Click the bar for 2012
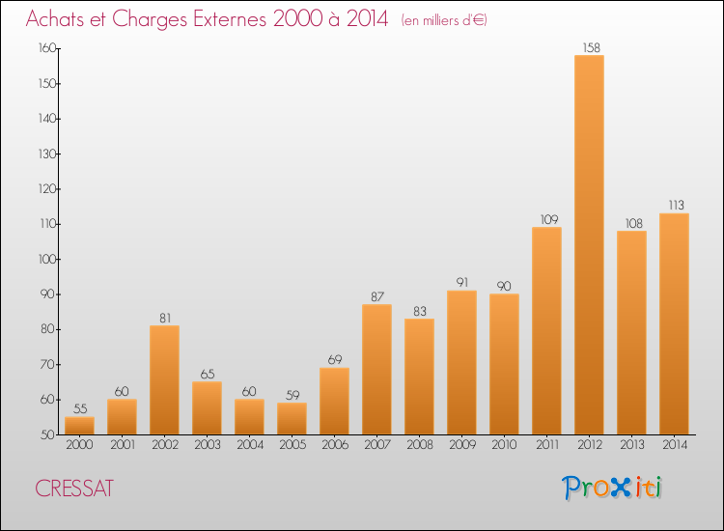click(x=589, y=244)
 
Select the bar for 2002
click(x=164, y=380)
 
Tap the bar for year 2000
click(x=79, y=426)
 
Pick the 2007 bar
click(x=376, y=370)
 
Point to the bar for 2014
click(x=674, y=323)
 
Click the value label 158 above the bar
click(x=591, y=47)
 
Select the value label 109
click(x=549, y=219)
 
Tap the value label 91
click(x=462, y=282)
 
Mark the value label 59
click(x=292, y=395)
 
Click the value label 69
click(x=335, y=360)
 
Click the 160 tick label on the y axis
click(x=47, y=48)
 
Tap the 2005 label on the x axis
click(x=292, y=445)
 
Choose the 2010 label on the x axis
click(x=504, y=445)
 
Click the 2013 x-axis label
click(x=631, y=445)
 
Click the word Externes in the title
click(x=230, y=19)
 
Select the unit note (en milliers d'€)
click(x=444, y=20)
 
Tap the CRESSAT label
click(x=74, y=489)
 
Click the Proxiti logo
click(x=612, y=488)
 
